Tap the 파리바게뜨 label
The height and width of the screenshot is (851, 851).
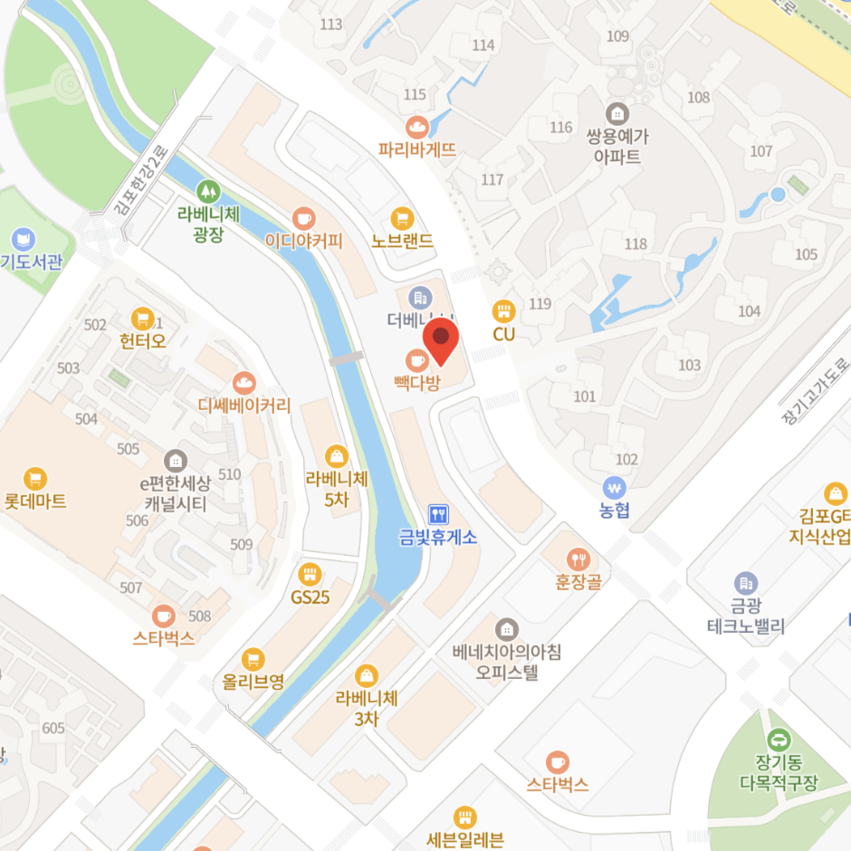coord(417,150)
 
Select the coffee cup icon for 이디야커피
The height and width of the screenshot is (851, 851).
coord(303,218)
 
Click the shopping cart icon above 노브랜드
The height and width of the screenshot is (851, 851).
coord(402,218)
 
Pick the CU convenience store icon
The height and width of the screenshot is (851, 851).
coord(503,311)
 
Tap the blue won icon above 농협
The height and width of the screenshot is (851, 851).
coord(615,487)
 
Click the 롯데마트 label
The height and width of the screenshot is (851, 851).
coord(35,501)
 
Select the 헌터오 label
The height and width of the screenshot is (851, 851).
coord(143,341)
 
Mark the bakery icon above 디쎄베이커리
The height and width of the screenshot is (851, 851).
coord(244,383)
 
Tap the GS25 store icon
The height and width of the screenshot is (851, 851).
coord(311,574)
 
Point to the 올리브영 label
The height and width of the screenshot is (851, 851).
coord(253,682)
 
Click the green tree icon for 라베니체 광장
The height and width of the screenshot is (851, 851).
coord(208,191)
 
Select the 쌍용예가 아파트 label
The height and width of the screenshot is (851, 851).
coord(618,147)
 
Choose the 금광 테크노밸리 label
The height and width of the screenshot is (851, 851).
coord(746,617)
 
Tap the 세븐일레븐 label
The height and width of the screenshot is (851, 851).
coord(464,839)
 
